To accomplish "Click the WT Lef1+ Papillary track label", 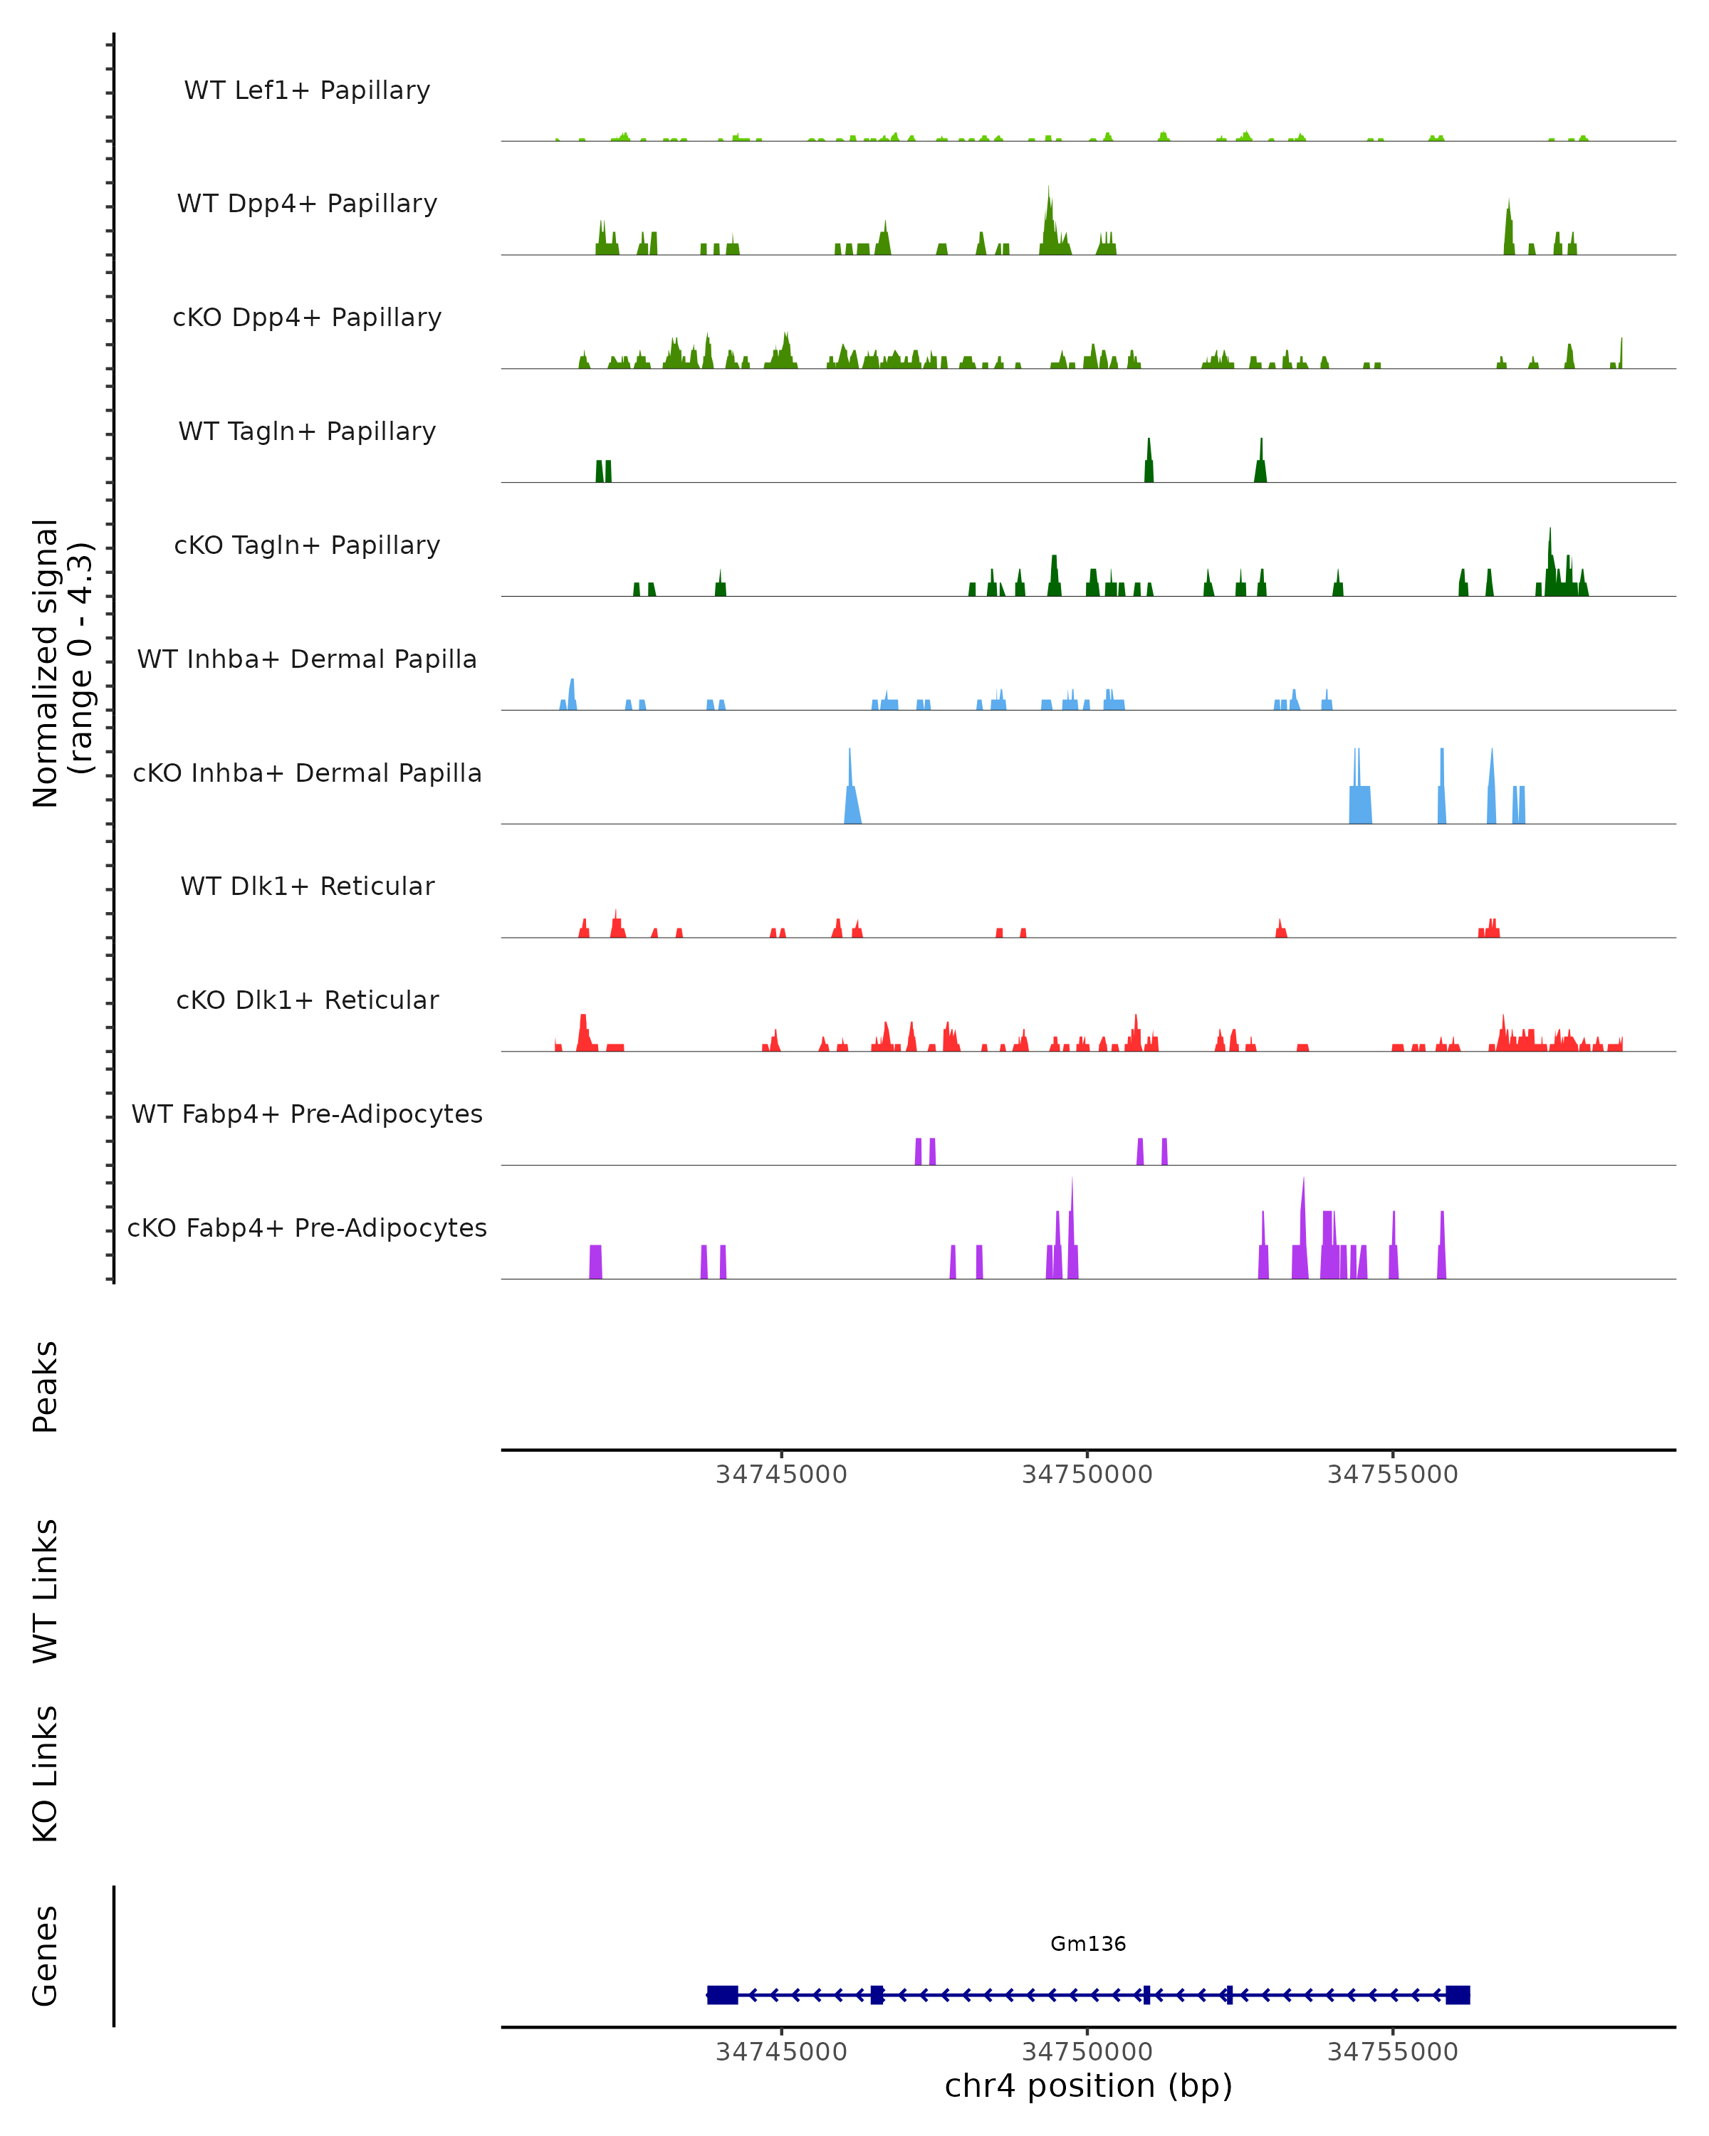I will point(307,90).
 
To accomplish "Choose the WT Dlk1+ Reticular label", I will point(307,886).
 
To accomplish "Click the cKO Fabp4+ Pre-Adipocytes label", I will point(307,1227).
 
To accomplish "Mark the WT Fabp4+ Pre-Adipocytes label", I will point(307,1114).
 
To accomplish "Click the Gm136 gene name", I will point(1088,1944).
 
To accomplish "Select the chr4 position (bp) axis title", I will point(1088,2085).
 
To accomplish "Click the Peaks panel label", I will point(46,1387).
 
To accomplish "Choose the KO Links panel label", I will point(46,1774).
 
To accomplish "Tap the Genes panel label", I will point(46,1956).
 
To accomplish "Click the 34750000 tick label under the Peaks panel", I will point(1087,1475).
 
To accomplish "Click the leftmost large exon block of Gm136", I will point(722,1995).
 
